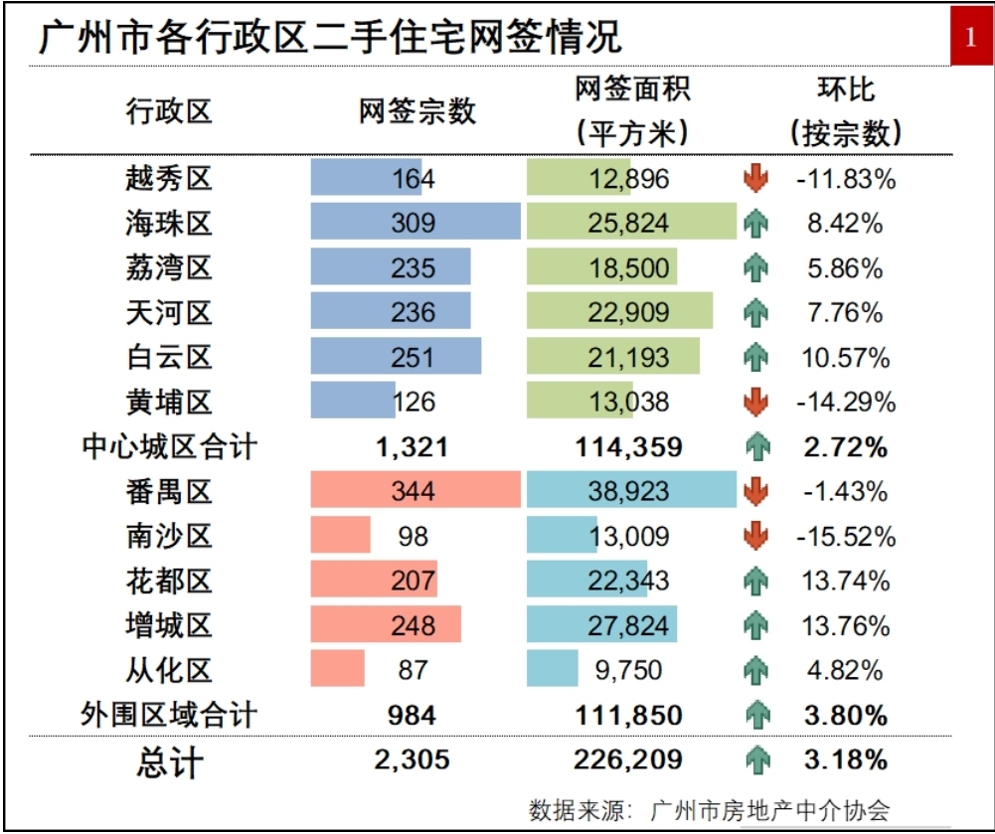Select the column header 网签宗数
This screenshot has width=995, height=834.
(x=416, y=110)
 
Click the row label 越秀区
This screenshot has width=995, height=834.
(x=169, y=179)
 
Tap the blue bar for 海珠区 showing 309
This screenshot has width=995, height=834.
(x=415, y=223)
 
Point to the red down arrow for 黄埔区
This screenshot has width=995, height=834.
(x=756, y=402)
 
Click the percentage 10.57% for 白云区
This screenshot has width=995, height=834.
(x=845, y=357)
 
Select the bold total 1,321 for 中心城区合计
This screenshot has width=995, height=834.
(x=413, y=447)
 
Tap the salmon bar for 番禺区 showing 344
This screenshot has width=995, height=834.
(x=415, y=491)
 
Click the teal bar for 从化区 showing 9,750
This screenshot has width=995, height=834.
(x=553, y=669)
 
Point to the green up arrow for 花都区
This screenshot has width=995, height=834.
(x=756, y=581)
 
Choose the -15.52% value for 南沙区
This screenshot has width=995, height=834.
(x=845, y=537)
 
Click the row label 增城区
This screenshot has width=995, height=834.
(x=169, y=625)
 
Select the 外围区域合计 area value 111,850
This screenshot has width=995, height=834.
(x=628, y=715)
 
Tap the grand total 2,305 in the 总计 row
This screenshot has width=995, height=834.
(x=413, y=760)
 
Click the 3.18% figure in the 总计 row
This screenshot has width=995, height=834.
(x=845, y=760)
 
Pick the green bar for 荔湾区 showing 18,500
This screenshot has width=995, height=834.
(x=602, y=268)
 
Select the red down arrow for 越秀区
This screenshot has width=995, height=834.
(x=756, y=179)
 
